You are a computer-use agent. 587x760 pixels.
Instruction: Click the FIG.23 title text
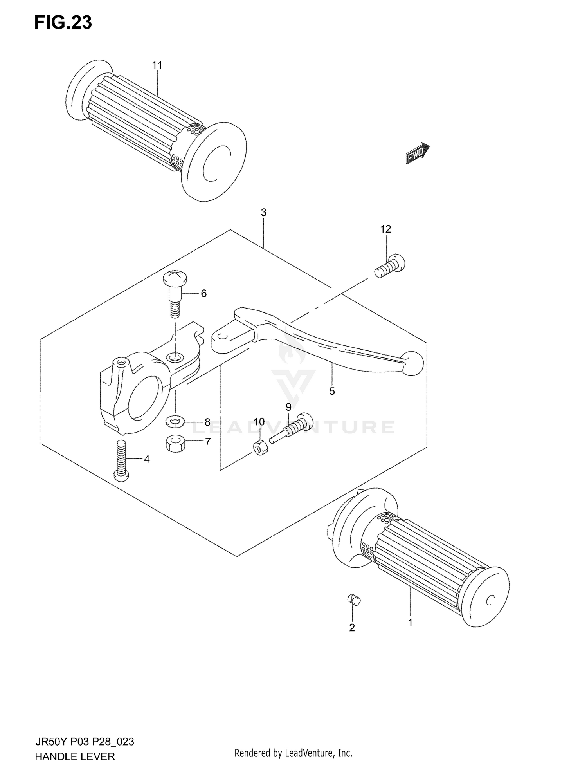coord(63,23)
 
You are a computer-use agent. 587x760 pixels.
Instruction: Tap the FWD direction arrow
coord(417,153)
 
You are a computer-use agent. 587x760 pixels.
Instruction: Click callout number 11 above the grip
coord(157,65)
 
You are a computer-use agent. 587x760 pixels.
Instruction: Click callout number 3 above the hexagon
coord(263,213)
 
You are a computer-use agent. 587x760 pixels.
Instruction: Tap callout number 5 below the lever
coord(332,391)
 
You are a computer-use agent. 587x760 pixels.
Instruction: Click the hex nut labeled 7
coord(175,444)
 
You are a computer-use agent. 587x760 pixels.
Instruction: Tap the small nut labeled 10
coord(261,447)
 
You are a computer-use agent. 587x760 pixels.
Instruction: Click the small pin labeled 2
coord(354,599)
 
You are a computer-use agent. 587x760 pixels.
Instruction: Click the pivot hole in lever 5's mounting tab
coord(221,336)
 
